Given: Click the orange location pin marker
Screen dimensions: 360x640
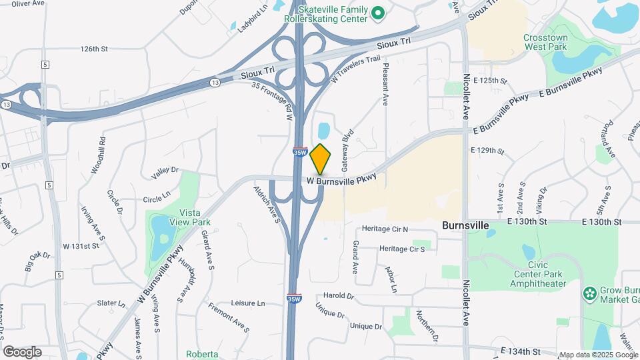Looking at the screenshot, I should pos(321,159).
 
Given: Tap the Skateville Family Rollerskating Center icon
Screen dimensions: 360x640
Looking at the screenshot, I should pos(378,13).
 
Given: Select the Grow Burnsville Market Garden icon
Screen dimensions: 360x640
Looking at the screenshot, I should pos(589,294).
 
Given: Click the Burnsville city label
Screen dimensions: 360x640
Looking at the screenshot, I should pos(465,226).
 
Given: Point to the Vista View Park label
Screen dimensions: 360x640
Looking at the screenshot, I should pos(190,217).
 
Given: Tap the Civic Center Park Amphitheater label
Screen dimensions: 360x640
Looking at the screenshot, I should pos(538,279).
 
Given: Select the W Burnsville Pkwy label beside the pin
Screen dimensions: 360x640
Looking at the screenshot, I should pos(342,179).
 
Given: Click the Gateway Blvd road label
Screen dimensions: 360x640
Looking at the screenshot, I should pos(346,149).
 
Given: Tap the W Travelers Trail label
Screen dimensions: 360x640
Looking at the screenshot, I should pos(355,69).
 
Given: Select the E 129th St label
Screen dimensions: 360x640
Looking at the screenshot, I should pos(487,151).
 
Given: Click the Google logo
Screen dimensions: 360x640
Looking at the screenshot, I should pos(22,351).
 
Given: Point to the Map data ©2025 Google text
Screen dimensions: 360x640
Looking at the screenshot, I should pos(598,355).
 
